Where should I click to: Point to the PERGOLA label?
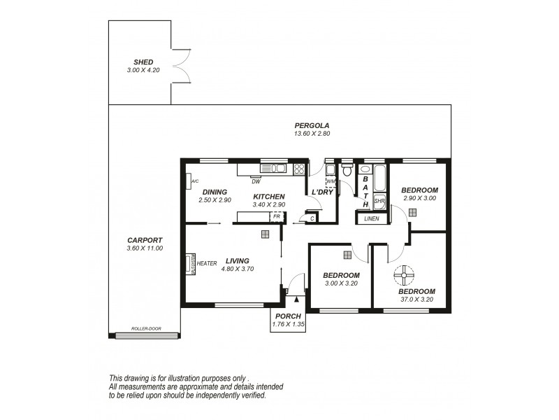312,125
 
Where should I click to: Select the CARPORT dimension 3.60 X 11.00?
144,248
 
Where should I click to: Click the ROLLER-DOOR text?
147,329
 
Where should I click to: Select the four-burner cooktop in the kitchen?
299,168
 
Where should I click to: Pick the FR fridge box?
277,217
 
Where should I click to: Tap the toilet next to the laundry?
347,170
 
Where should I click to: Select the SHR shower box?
379,201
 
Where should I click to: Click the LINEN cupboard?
372,218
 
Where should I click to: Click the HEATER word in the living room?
208,264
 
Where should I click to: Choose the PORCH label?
288,316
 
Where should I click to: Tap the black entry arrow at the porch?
297,300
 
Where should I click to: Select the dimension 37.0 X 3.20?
416,300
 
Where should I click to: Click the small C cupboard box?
312,218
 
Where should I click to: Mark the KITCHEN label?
268,196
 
